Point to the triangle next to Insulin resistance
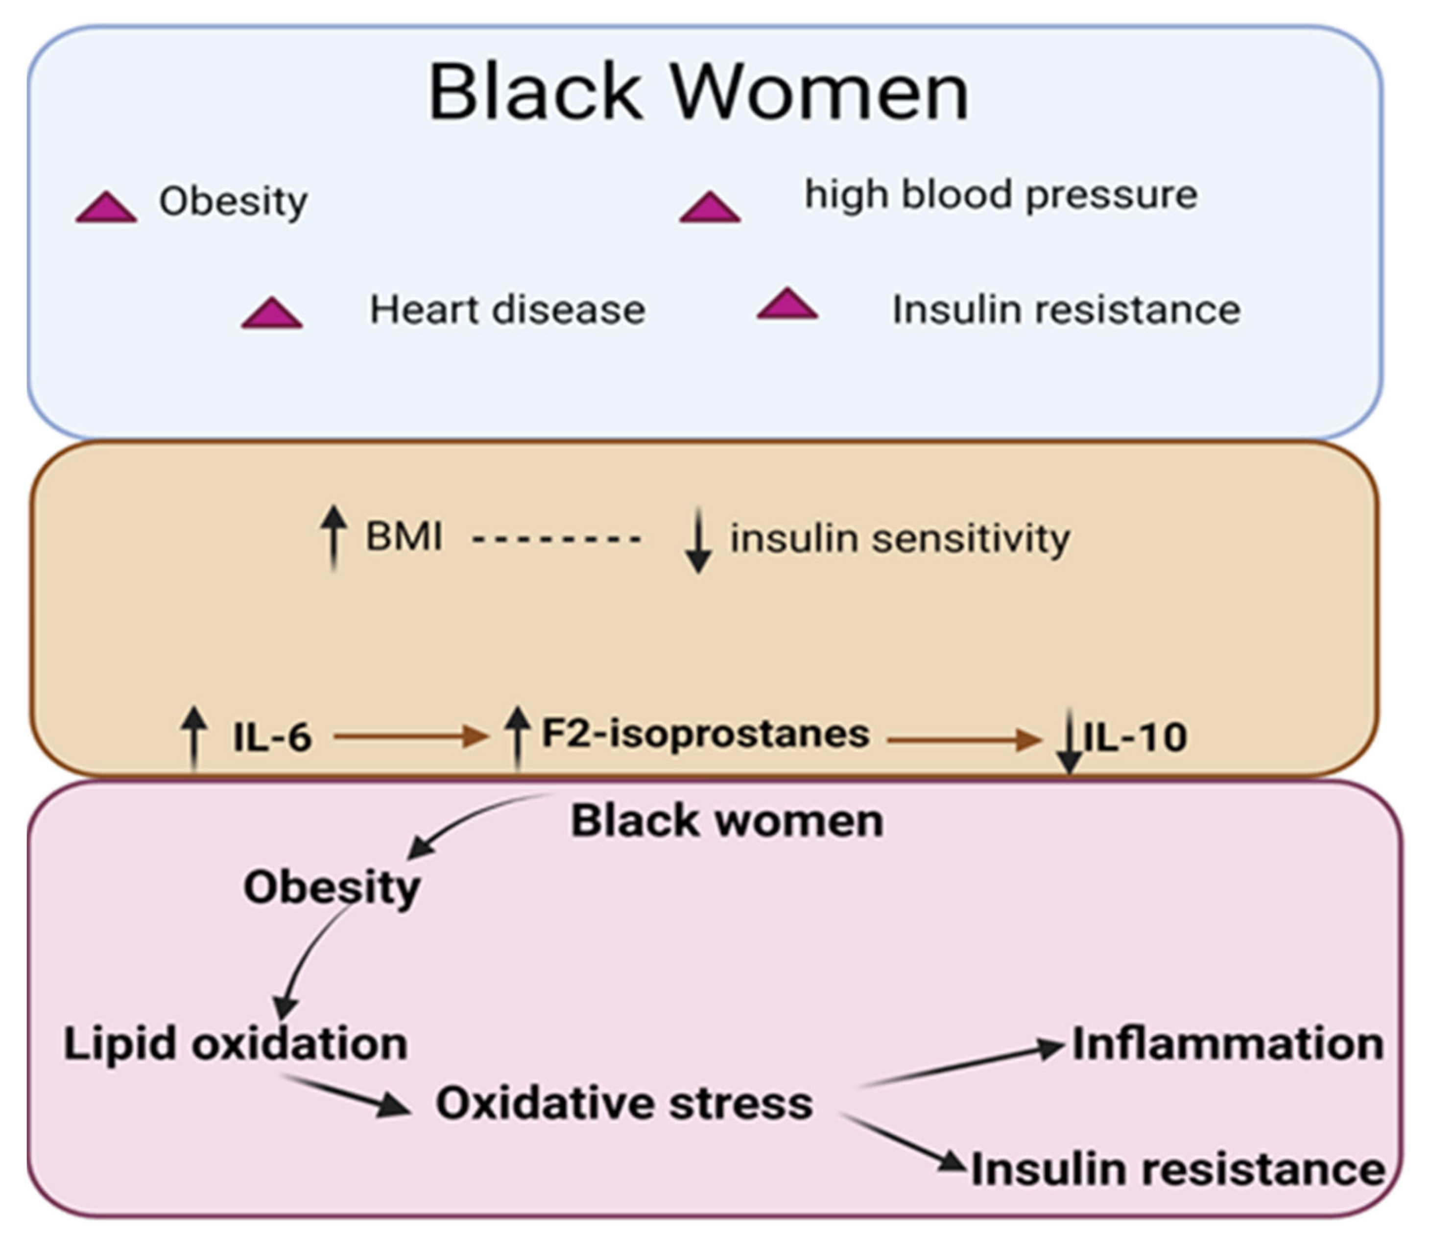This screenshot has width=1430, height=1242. [x=787, y=306]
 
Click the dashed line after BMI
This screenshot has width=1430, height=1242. [x=556, y=539]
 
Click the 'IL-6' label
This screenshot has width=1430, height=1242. [x=272, y=737]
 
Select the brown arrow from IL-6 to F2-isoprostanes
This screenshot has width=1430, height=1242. [x=410, y=736]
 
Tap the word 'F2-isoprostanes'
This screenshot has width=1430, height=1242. [x=705, y=733]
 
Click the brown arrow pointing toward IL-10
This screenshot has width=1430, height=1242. [x=963, y=740]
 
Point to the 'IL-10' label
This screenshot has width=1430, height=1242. [x=1135, y=737]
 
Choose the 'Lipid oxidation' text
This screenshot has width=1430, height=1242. [x=236, y=1044]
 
